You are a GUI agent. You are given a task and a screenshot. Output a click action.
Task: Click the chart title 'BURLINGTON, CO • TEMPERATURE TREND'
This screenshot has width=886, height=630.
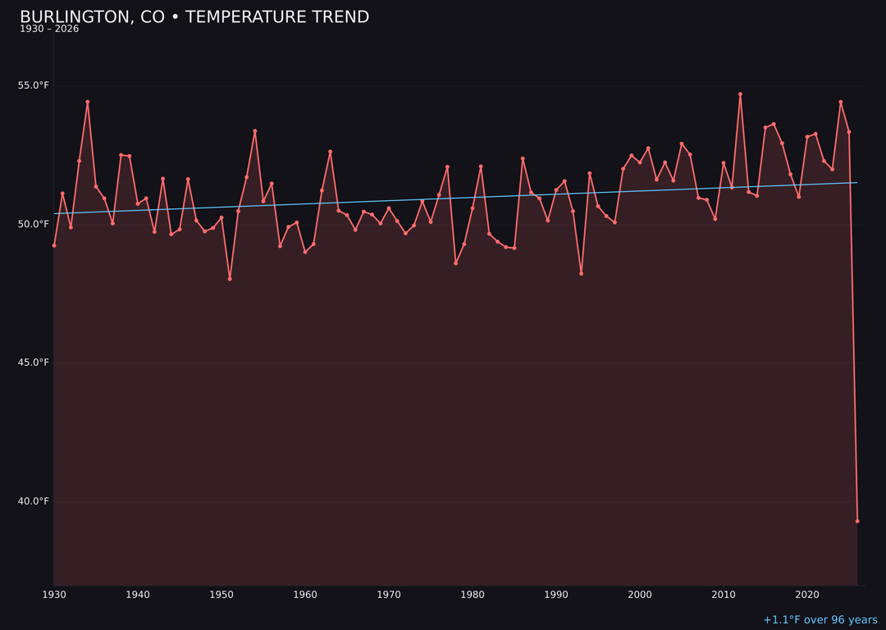(194, 17)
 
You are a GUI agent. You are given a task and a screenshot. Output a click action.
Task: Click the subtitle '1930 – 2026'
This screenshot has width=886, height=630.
(49, 30)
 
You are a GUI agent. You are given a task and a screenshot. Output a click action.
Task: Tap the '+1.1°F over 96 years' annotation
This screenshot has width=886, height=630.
(820, 620)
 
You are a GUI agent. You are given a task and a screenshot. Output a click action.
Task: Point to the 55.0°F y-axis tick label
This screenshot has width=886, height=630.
(34, 85)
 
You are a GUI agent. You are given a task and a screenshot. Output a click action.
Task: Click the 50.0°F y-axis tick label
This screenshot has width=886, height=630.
(34, 224)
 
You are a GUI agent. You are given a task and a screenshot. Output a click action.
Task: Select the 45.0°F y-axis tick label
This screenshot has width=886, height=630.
(34, 363)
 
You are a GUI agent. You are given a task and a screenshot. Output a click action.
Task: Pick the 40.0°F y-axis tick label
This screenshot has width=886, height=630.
(34, 501)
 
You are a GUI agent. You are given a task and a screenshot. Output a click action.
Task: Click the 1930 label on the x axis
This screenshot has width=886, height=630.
(54, 595)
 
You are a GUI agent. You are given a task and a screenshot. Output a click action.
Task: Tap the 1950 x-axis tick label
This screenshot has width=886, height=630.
(221, 595)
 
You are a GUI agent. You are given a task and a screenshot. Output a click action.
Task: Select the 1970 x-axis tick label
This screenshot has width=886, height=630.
(389, 595)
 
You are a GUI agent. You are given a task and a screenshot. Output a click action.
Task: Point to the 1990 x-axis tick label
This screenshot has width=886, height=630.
(556, 595)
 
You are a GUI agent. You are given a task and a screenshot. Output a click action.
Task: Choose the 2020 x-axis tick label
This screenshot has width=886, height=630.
(807, 595)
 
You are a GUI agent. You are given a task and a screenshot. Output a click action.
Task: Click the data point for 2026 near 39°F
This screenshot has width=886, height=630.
(857, 521)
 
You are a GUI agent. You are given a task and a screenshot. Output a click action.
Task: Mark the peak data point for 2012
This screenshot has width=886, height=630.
(740, 94)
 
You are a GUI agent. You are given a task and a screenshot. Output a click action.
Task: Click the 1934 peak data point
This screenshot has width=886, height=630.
(88, 102)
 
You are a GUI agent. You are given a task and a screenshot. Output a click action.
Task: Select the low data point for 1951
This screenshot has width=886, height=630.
(230, 279)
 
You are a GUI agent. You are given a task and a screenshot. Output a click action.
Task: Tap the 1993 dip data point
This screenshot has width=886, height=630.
(581, 273)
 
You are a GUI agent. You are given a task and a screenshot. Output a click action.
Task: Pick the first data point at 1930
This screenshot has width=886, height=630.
(54, 245)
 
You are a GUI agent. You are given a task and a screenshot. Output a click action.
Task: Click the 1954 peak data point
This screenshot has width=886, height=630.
(255, 130)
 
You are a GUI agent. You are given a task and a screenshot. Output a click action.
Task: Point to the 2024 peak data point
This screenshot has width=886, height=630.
(841, 102)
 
